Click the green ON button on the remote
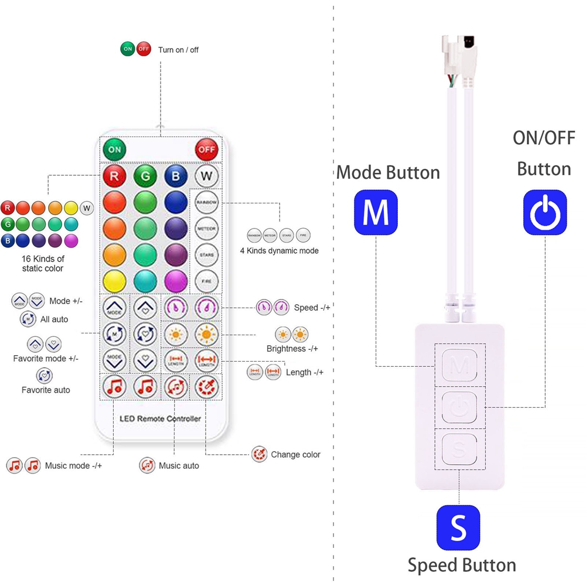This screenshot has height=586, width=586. (115, 149)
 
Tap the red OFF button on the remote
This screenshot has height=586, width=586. (207, 149)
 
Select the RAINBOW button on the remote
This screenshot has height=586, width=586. (206, 202)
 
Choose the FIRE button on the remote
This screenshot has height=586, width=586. (206, 281)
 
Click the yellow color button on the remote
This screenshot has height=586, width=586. (115, 281)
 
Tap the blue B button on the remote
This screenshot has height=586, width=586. (176, 175)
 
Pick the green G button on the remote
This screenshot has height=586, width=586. (145, 175)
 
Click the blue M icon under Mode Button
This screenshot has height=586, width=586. (376, 213)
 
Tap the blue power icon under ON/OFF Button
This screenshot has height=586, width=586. (545, 213)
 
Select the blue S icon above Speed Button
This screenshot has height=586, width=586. (458, 528)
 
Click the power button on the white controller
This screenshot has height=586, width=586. (459, 407)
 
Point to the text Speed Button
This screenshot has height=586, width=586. (462, 565)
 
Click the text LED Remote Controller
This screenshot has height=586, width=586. (160, 418)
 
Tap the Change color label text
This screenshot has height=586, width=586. (295, 455)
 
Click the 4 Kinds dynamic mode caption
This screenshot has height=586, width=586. (279, 250)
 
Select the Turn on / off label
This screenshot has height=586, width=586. (178, 50)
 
